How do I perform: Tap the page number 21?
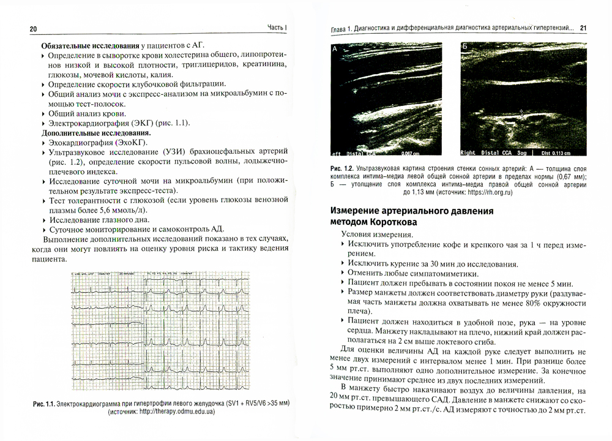(x=583, y=28)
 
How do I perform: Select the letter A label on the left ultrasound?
(x=335, y=47)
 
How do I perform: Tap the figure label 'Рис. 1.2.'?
(x=341, y=168)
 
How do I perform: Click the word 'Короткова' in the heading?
(x=388, y=222)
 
